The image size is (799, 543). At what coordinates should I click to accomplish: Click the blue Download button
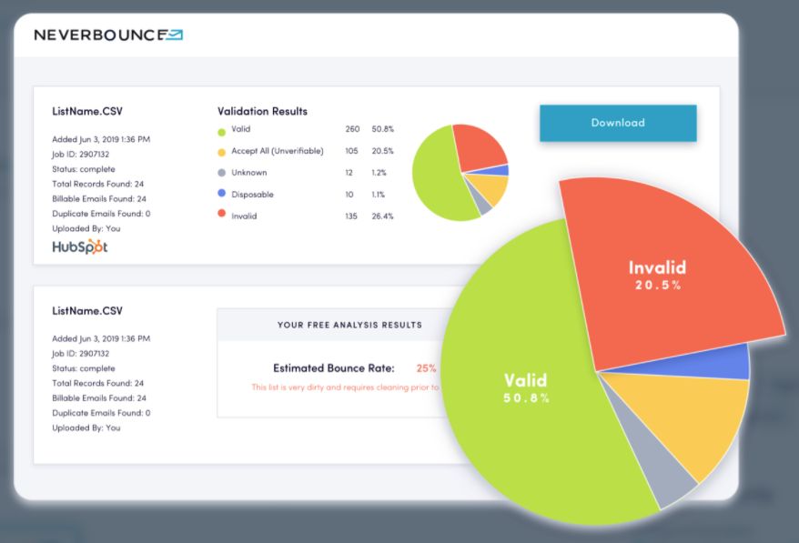pos(618,123)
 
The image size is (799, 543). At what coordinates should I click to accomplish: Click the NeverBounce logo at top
pos(108,35)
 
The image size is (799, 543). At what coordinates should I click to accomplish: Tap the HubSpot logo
pos(79,246)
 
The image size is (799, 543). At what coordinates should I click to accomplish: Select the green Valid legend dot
pos(221,130)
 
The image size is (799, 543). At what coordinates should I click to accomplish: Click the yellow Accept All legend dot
pos(221,151)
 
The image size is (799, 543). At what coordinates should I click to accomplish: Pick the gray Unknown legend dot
pos(221,173)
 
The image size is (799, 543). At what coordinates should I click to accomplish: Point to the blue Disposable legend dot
pos(221,194)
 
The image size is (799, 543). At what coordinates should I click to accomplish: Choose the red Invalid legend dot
pos(221,216)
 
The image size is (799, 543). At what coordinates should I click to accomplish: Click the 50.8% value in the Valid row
pos(382,129)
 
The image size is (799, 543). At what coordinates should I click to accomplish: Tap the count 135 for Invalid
pos(352,216)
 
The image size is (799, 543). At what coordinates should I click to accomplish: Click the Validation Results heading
pos(262,111)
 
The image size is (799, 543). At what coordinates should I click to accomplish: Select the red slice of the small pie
pos(479,146)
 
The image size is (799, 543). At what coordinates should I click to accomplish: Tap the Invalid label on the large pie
pos(657,268)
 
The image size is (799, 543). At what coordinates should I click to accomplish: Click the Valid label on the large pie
pos(527,379)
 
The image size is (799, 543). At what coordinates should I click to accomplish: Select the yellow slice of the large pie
pos(692,418)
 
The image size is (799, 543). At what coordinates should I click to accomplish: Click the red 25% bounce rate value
pos(426,368)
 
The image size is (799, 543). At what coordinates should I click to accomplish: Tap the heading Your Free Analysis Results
pos(349,325)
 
